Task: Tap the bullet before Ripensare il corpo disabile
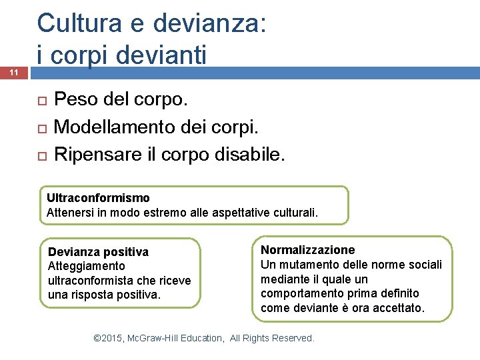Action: click(41, 156)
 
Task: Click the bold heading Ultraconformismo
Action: click(98, 198)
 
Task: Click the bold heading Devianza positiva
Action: click(98, 252)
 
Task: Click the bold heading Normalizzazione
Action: click(307, 250)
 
